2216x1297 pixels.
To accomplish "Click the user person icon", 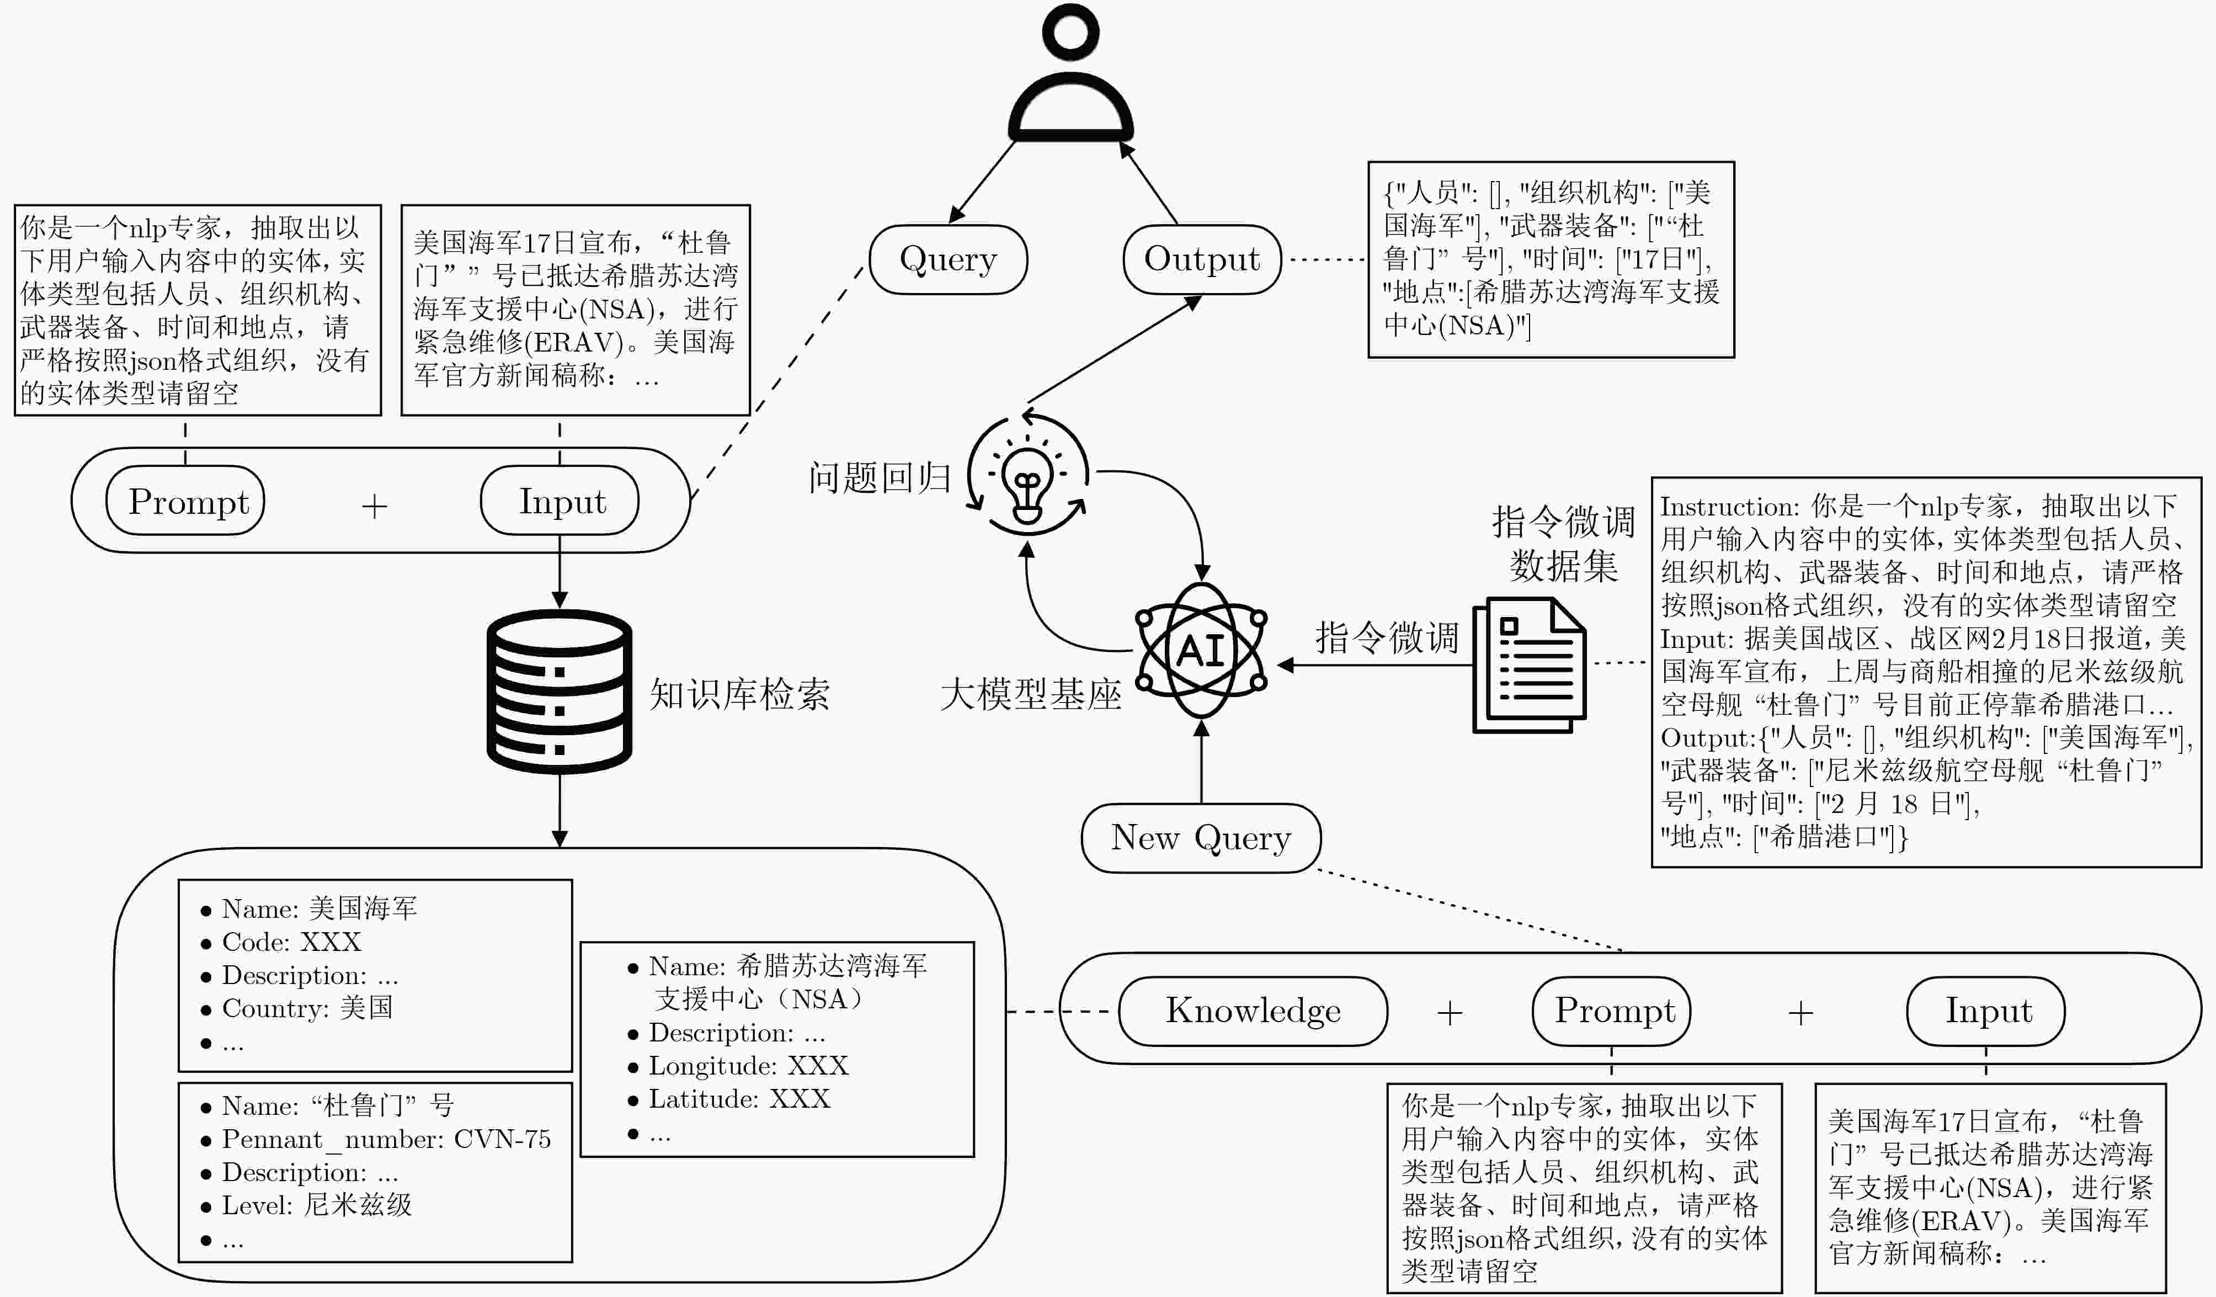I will tap(1070, 75).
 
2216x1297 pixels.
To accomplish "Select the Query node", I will tap(948, 259).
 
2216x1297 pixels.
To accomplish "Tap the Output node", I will tap(1201, 259).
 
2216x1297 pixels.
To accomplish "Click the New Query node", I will tap(1200, 838).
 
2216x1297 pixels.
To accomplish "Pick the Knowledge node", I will tap(1253, 1011).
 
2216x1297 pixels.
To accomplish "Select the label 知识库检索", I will tap(739, 695).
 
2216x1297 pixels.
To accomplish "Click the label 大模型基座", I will tap(1031, 695).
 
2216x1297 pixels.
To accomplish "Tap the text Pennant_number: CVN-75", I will tap(386, 1140).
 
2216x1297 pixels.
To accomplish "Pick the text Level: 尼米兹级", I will tap(317, 1205).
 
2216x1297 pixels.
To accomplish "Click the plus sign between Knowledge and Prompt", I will tap(1449, 1013).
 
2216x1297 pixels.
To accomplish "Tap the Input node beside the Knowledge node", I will tap(1988, 1011).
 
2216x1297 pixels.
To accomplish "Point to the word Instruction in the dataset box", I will tap(1715, 507).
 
